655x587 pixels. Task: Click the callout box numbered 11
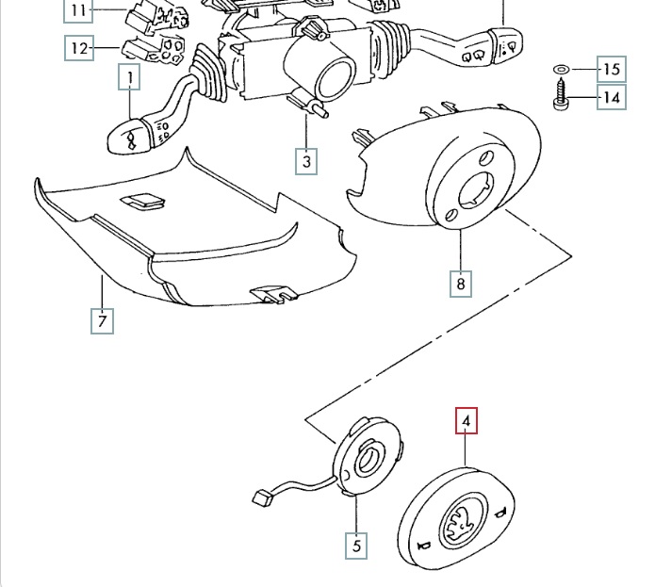click(78, 10)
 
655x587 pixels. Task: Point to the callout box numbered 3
click(305, 161)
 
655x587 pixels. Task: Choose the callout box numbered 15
click(612, 69)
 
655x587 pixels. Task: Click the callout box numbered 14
click(611, 97)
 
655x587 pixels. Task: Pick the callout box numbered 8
click(460, 282)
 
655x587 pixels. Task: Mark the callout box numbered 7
click(103, 320)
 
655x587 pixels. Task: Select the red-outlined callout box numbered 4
click(467, 420)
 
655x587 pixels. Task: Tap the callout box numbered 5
click(356, 544)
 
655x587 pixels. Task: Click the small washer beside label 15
click(560, 70)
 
